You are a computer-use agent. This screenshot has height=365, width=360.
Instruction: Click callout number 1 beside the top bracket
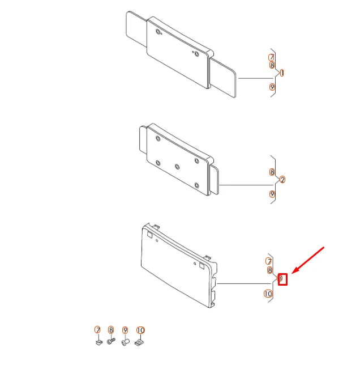tap(282, 73)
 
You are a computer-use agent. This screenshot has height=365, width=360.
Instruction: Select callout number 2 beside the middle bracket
tap(282, 180)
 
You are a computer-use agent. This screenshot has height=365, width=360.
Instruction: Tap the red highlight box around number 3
tap(283, 278)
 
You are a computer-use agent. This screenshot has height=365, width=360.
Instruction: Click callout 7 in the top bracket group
tap(272, 57)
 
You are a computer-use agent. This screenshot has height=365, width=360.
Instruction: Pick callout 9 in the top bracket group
tap(272, 87)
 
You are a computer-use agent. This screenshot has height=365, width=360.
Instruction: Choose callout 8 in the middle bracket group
tap(272, 172)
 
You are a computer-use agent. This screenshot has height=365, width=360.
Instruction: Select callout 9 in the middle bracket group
tap(272, 194)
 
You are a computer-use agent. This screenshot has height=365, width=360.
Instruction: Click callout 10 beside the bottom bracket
tap(268, 294)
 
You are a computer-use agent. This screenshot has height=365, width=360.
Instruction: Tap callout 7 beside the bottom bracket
tap(269, 261)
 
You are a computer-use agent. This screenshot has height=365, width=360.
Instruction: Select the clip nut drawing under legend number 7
tap(98, 341)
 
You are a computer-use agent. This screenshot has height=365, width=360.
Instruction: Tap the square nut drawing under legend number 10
tap(140, 341)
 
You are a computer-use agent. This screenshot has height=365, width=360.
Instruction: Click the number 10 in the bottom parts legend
tap(141, 330)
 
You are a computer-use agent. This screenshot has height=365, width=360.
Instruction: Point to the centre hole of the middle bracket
tap(177, 167)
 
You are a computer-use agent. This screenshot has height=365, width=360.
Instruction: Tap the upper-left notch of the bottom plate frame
tap(149, 231)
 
